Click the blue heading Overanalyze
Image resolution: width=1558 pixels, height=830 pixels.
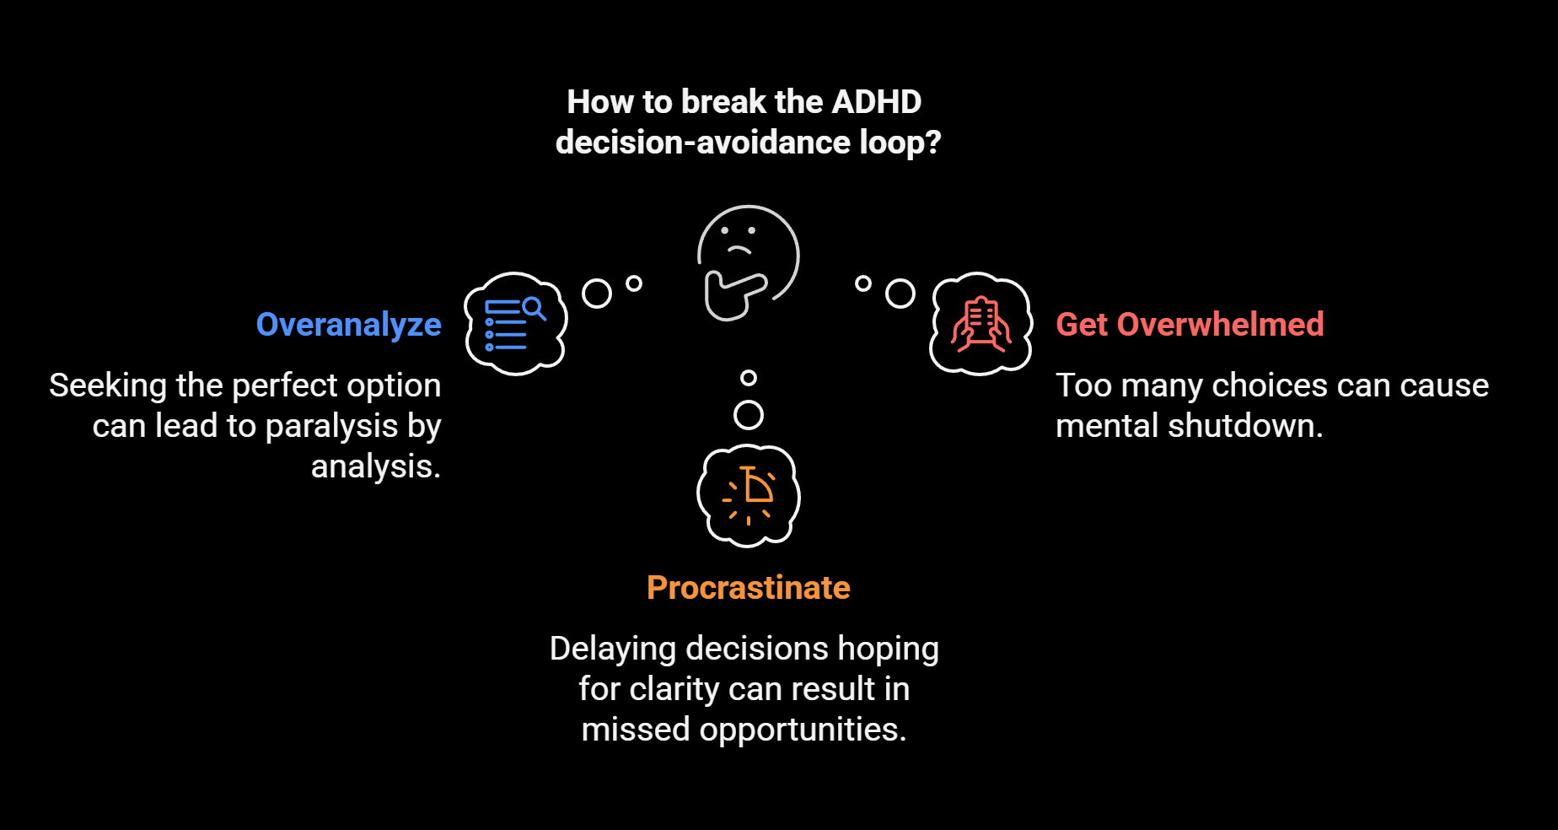coord(348,325)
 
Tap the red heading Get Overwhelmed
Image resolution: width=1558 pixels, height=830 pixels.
coord(1190,325)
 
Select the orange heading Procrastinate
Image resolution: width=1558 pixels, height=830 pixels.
coord(748,588)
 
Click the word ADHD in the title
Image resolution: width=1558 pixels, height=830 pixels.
coord(877,102)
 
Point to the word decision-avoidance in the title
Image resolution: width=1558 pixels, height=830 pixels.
coord(703,143)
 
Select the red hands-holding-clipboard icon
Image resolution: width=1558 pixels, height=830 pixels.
coord(980,324)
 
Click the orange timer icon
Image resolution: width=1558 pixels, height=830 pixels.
coord(749,495)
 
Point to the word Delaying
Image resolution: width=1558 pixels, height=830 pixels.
coord(613,649)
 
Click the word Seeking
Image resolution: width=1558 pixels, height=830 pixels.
coord(108,385)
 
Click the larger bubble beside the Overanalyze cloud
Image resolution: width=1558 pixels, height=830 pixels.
coord(597,294)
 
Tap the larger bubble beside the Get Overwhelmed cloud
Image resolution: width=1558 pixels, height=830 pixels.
coord(900,294)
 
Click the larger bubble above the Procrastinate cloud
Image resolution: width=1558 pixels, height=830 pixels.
coord(749,414)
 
